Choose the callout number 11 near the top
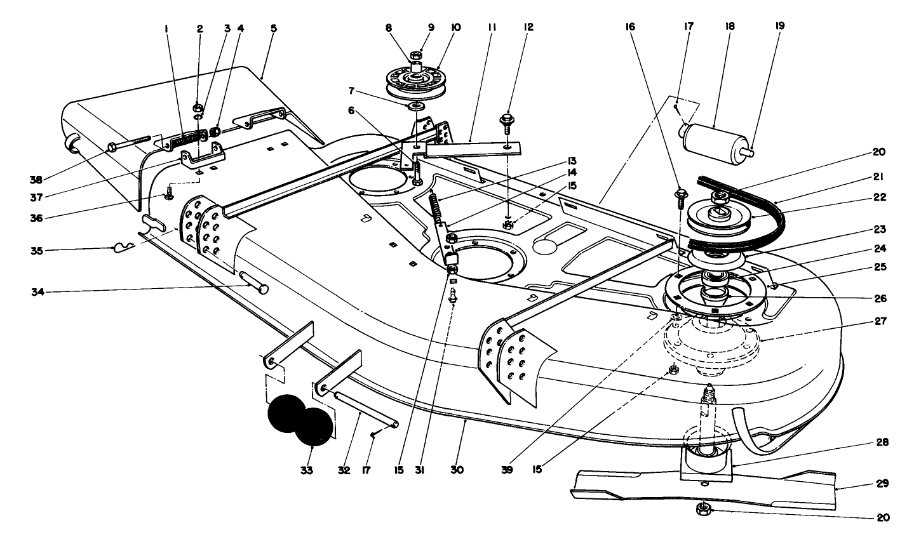point(492,28)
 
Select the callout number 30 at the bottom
point(457,470)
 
